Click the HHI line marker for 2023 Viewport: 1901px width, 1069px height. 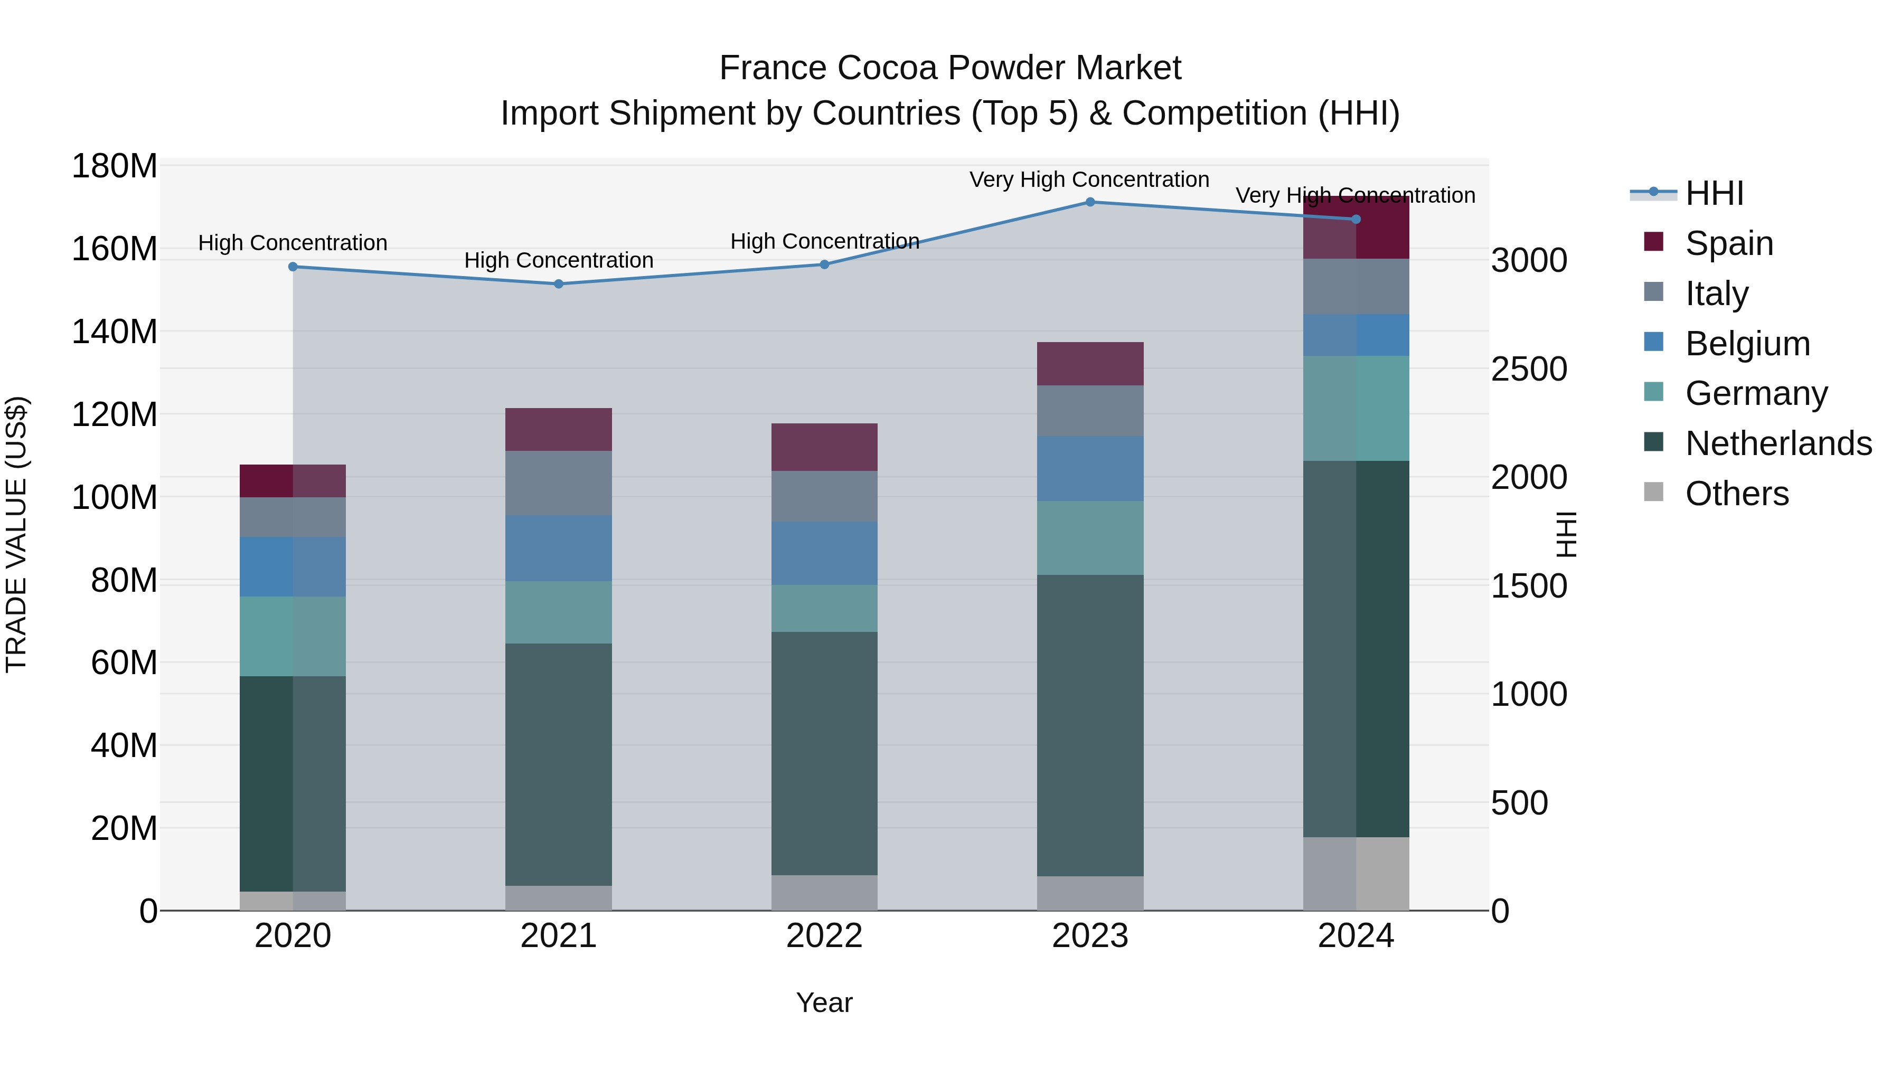pyautogui.click(x=1090, y=202)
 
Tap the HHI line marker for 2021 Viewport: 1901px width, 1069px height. pyautogui.click(x=559, y=284)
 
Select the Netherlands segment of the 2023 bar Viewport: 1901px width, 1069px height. pyautogui.click(x=1090, y=725)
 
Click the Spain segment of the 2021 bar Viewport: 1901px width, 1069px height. pyautogui.click(x=559, y=429)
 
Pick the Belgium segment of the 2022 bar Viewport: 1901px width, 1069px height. pyautogui.click(x=824, y=553)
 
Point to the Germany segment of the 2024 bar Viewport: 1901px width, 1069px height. pyautogui.click(x=1356, y=408)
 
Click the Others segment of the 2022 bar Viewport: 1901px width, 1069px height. pyautogui.click(x=824, y=893)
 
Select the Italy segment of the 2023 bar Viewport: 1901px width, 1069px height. pyautogui.click(x=1090, y=410)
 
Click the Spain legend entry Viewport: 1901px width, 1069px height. pyautogui.click(x=1729, y=243)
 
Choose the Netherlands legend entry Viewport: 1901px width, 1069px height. pyautogui.click(x=1778, y=443)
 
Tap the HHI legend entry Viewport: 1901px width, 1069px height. pyautogui.click(x=1714, y=193)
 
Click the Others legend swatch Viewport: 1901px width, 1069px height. pyautogui.click(x=1654, y=492)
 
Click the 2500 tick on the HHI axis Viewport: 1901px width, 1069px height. pyautogui.click(x=1529, y=369)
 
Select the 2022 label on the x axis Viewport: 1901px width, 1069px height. pyautogui.click(x=824, y=936)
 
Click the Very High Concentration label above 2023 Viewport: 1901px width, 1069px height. pyautogui.click(x=1089, y=179)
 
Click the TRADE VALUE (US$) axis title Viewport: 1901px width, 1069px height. pyautogui.click(x=16, y=534)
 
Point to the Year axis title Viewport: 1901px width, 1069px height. pyautogui.click(x=824, y=1002)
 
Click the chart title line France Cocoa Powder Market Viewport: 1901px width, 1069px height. pyautogui.click(x=950, y=68)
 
